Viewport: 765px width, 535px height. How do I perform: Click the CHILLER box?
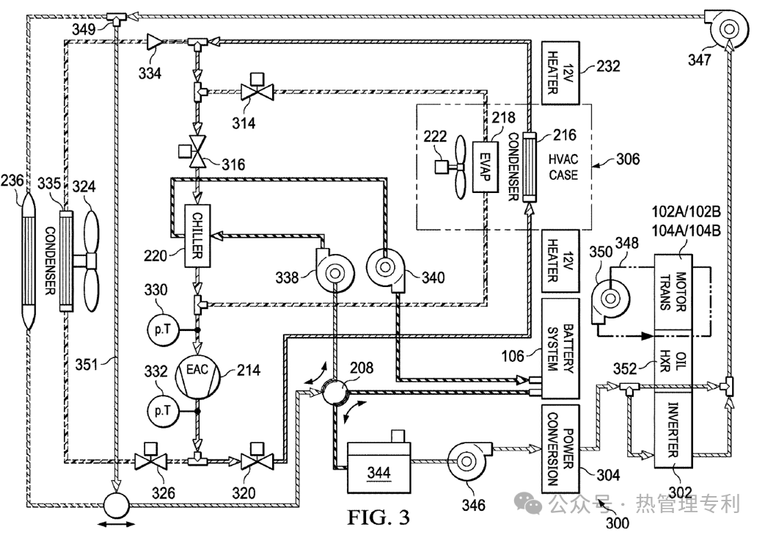(x=197, y=236)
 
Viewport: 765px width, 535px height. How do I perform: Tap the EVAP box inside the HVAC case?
(x=485, y=167)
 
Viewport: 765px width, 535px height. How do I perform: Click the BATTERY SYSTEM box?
(x=560, y=349)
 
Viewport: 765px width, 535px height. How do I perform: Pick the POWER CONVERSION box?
(x=560, y=449)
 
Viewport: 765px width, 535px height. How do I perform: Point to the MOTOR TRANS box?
(x=673, y=292)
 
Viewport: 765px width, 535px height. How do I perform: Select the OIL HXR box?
(x=673, y=361)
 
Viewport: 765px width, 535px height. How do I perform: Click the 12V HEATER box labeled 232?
(x=560, y=73)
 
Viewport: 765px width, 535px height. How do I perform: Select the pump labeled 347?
(x=727, y=29)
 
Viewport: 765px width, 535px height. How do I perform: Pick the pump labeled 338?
(x=334, y=270)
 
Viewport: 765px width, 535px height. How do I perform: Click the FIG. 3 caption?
(x=378, y=517)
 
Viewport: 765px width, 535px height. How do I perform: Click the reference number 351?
(x=87, y=364)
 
